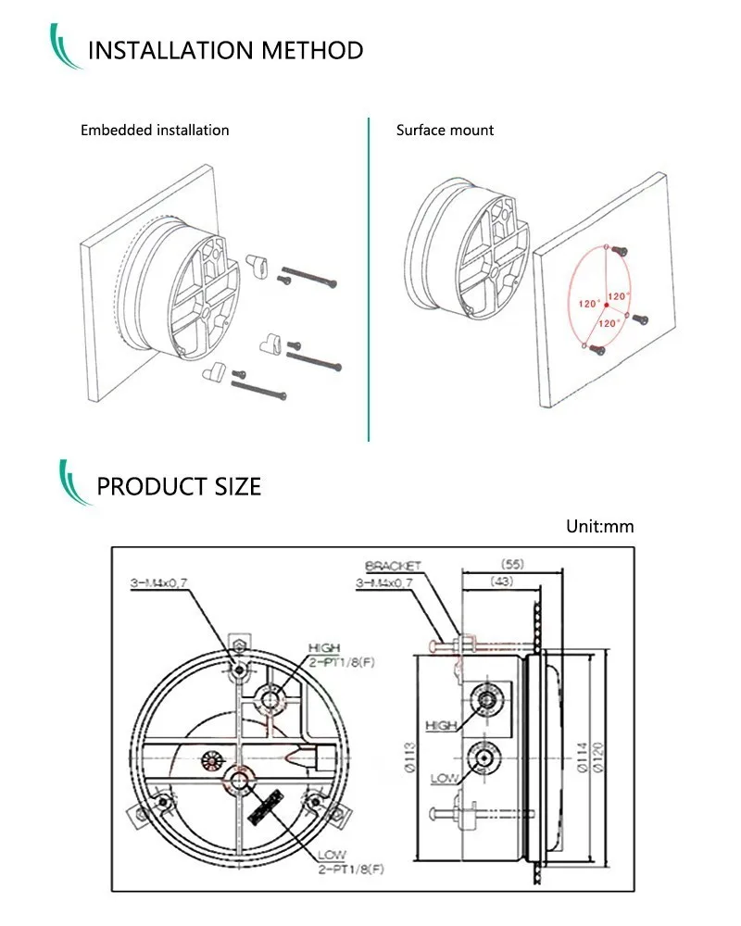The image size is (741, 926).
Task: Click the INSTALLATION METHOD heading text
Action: (x=225, y=50)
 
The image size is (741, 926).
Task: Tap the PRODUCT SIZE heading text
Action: (x=179, y=485)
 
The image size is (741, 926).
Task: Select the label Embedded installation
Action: (x=155, y=131)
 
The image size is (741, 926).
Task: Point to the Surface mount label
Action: (x=445, y=131)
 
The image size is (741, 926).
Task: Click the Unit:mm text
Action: (x=600, y=527)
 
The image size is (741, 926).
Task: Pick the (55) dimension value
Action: (x=513, y=563)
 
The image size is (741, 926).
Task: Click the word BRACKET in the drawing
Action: (x=393, y=566)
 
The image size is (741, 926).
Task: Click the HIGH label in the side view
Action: (x=442, y=725)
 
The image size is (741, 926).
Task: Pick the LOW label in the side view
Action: (x=444, y=778)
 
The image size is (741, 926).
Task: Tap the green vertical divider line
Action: (x=369, y=278)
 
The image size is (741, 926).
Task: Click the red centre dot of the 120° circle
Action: (x=603, y=301)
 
